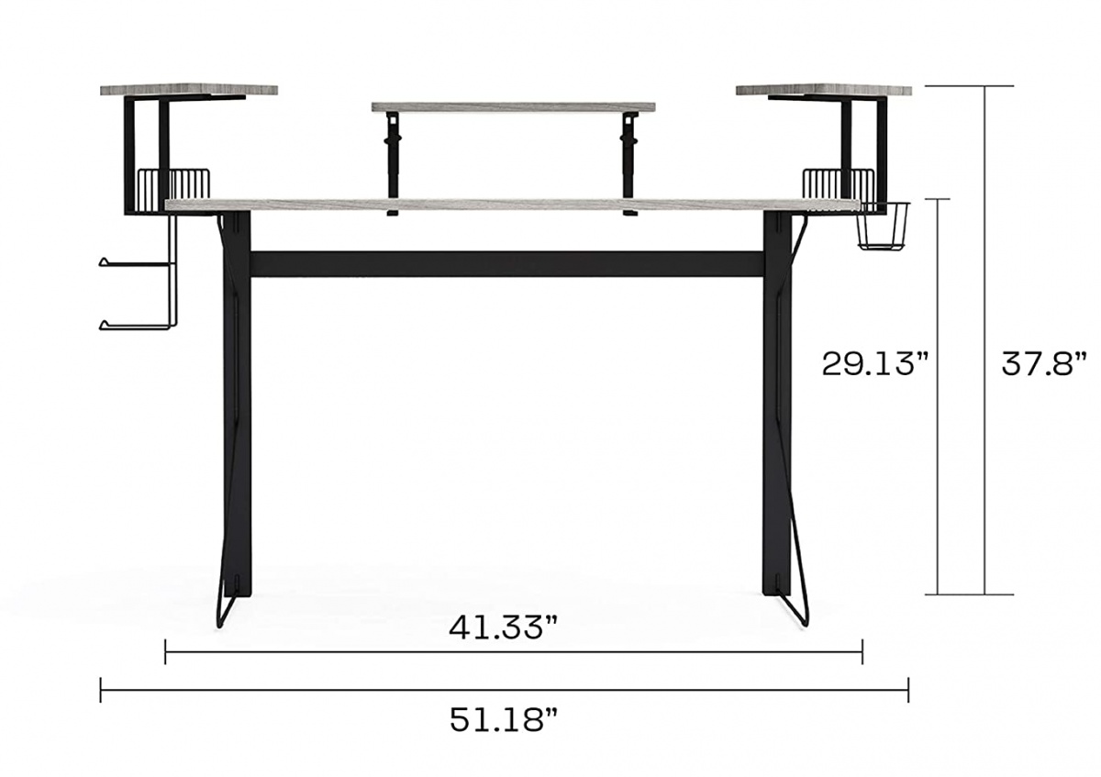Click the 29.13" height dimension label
[x=875, y=364]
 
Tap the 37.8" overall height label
[x=1043, y=364]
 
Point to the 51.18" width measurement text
[x=503, y=720]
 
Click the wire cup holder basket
[x=883, y=227]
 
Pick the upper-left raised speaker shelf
[x=188, y=90]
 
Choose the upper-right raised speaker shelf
[x=823, y=90]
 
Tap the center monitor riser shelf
[x=513, y=107]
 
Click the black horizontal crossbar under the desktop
[x=506, y=264]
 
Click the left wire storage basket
[x=174, y=183]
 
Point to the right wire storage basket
[x=839, y=183]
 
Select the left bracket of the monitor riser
[x=394, y=161]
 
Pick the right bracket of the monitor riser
[x=629, y=161]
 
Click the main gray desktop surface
[x=513, y=205]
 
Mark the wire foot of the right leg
[x=795, y=605]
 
